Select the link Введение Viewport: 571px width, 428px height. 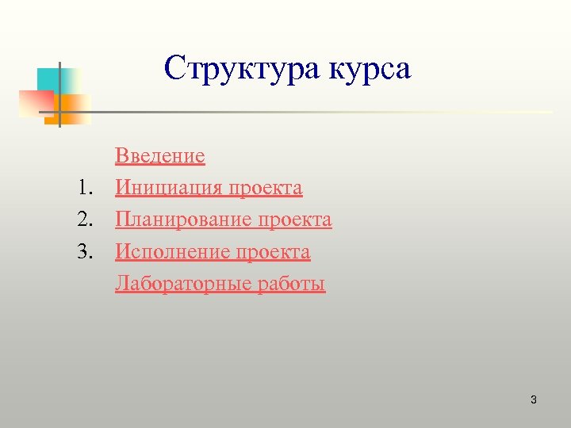pos(160,156)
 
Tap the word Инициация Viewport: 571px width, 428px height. pos(168,189)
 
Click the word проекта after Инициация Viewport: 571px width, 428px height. pos(266,189)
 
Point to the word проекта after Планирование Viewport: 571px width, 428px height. pos(295,220)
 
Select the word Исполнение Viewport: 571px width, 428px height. pos(172,253)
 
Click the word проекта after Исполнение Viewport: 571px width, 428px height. pos(274,253)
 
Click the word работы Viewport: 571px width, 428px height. pos(291,284)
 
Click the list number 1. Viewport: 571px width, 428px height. pos(85,189)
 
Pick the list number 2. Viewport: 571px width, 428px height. pos(85,220)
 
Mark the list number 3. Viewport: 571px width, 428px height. pos(85,253)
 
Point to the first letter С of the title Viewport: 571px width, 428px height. pos(174,69)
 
